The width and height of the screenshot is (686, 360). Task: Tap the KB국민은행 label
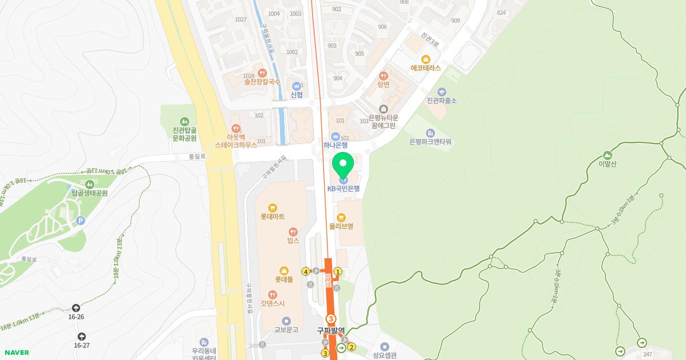coord(344,189)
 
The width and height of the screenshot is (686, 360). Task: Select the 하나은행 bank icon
coord(336,136)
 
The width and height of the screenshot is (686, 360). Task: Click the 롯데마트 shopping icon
coord(273,208)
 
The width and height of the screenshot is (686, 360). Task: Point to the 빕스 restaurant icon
coord(293,232)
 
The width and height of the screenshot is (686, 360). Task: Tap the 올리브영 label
coord(341,226)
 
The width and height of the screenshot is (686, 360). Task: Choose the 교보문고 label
coord(286,330)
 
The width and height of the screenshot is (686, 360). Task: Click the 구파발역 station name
coord(331,330)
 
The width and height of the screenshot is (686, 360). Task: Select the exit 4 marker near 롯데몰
coord(306,271)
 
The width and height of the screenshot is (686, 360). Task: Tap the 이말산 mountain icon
coord(607,155)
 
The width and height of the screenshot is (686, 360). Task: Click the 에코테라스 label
coord(426,67)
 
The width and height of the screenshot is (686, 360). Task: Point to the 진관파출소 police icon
coord(441,91)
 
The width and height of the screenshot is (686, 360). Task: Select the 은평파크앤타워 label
coord(430,142)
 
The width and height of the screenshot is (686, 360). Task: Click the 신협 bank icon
coord(297,86)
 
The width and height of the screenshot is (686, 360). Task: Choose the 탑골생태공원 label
coord(90,193)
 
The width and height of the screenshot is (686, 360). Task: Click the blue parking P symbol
coord(81,221)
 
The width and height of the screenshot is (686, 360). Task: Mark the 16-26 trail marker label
coord(76,317)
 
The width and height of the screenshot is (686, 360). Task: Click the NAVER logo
coord(16,353)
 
